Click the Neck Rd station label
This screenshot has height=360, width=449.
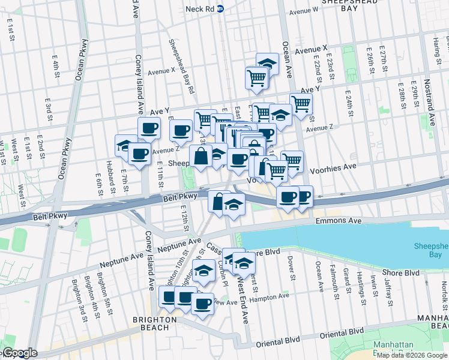click(200, 8)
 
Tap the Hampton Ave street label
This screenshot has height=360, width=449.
click(269, 296)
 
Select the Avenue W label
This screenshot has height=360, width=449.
click(303, 11)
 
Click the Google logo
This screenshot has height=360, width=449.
click(19, 353)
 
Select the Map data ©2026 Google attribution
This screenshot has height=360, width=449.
click(412, 355)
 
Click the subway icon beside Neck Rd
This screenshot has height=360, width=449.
click(221, 8)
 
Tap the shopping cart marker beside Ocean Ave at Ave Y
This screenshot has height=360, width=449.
click(300, 103)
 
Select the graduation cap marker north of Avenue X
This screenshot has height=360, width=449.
click(268, 64)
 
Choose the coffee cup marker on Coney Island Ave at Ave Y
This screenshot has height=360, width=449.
click(148, 127)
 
